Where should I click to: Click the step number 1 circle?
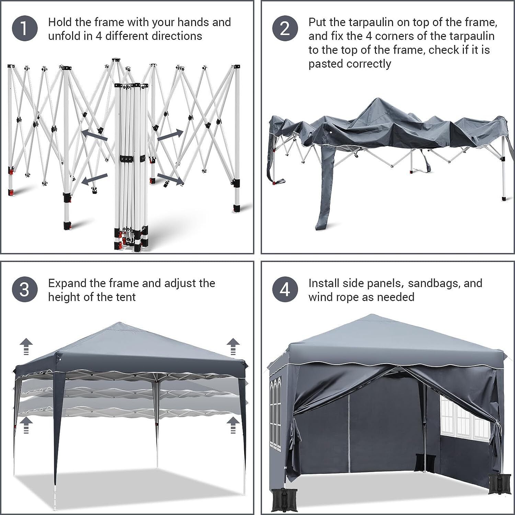click(x=24, y=28)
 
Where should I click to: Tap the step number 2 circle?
click(x=285, y=28)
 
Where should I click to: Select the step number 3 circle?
click(x=24, y=289)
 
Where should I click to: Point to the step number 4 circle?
click(x=285, y=289)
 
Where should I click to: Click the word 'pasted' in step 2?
click(x=326, y=64)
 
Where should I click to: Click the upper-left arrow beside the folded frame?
click(x=94, y=135)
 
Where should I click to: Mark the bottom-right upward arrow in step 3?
click(x=233, y=425)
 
